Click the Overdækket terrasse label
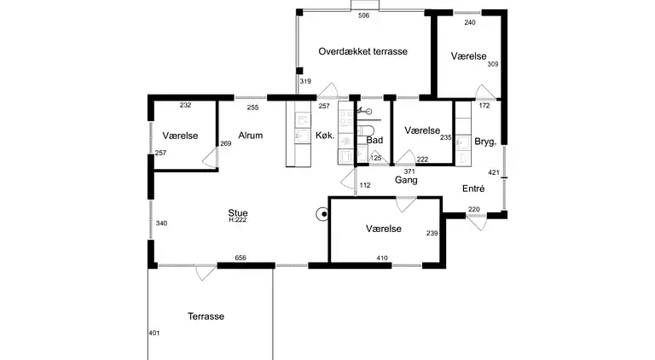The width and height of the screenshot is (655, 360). (x=362, y=51)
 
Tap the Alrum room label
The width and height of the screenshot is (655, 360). (x=251, y=136)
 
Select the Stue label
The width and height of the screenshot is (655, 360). (x=238, y=213)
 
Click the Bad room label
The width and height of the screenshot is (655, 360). (x=374, y=140)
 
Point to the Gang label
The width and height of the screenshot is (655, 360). (x=406, y=180)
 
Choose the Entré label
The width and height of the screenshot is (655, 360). (x=473, y=189)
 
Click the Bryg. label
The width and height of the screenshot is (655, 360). (x=485, y=142)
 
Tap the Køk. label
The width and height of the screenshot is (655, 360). (x=325, y=136)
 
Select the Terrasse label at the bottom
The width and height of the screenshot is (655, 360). (x=206, y=316)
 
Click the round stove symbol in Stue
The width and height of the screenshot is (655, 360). (x=322, y=214)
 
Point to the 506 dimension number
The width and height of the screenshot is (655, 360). (x=364, y=16)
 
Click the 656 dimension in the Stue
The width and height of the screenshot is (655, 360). (x=241, y=258)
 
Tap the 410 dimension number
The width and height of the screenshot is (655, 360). (x=382, y=258)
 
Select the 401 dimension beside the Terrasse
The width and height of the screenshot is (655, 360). (x=154, y=333)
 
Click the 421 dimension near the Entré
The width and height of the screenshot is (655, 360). (x=494, y=172)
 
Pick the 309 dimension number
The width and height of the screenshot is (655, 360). (x=493, y=64)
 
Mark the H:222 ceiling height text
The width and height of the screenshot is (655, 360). (x=238, y=220)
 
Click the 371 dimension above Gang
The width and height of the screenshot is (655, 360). (x=409, y=171)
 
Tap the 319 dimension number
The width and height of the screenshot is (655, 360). (x=305, y=81)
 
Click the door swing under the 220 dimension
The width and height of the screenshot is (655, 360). (x=477, y=223)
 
